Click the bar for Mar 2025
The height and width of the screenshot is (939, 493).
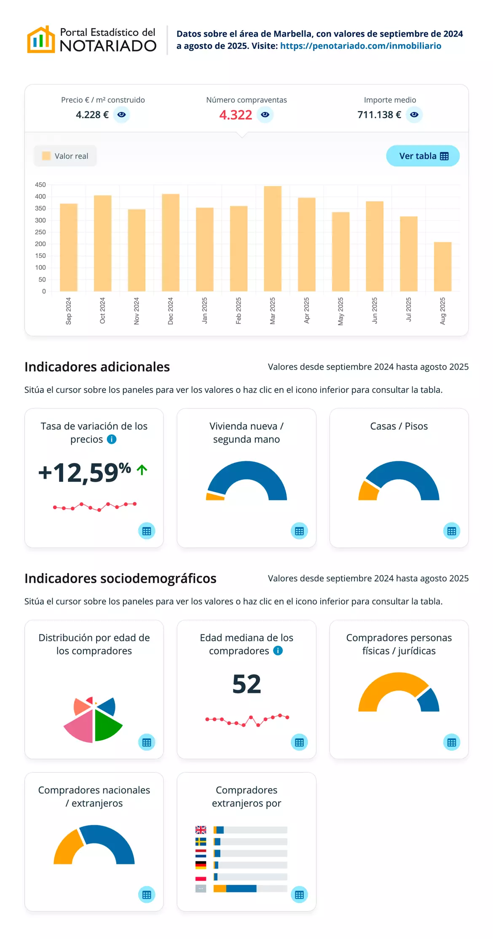point(273,239)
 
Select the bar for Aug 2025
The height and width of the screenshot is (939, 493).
point(442,266)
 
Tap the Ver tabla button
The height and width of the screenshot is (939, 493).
point(423,156)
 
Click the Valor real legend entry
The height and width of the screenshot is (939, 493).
point(65,156)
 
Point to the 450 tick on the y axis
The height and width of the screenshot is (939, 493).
point(40,185)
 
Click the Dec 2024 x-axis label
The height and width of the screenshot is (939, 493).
point(170,311)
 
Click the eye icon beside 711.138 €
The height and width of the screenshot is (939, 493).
point(414,115)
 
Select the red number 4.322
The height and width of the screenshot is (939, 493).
point(236,115)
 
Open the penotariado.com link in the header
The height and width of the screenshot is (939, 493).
point(361,46)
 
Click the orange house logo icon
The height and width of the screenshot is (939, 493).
point(41,40)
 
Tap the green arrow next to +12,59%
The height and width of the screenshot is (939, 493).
point(142,469)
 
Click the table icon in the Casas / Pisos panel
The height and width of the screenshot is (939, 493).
point(452,531)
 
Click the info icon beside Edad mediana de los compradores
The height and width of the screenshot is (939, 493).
point(278,651)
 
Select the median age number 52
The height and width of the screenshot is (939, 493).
point(246,684)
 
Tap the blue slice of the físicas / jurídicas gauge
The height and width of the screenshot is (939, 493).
point(429,701)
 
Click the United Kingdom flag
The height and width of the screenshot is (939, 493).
point(201,830)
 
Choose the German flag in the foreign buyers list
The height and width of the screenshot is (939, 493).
point(201,865)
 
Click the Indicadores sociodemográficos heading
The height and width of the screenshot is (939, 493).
point(121,578)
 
